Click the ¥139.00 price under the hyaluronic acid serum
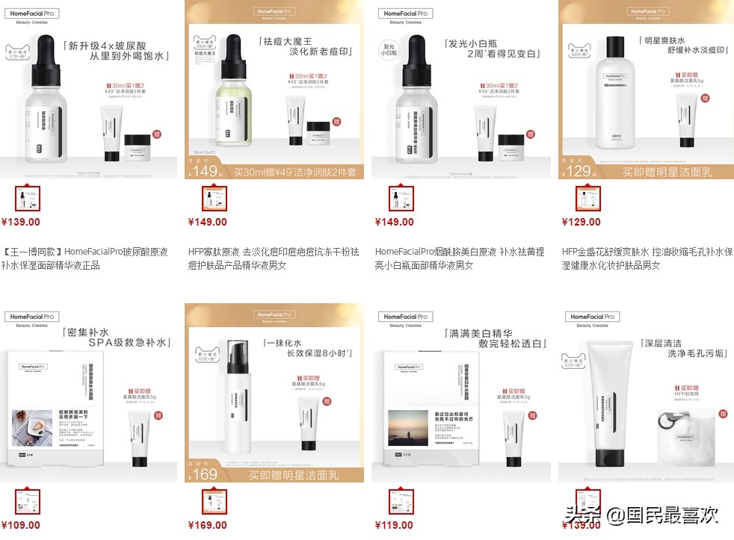tap(21, 222)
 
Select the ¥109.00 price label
tap(21, 525)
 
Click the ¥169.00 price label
tap(208, 525)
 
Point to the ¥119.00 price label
tap(394, 525)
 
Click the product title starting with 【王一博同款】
tap(85, 258)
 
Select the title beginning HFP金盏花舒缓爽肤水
tap(646, 258)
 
